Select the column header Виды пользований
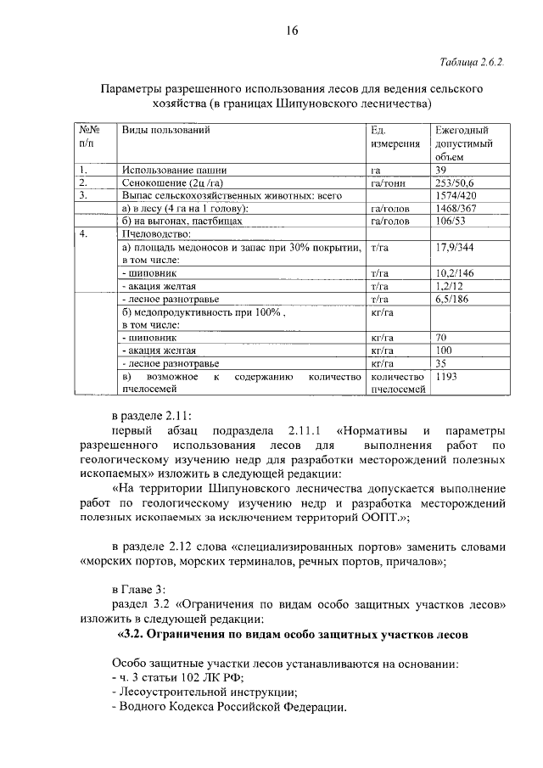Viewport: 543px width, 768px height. coord(165,131)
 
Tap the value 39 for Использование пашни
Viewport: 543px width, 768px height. coord(441,170)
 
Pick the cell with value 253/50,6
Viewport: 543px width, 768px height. coord(455,182)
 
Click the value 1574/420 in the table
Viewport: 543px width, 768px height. coord(455,195)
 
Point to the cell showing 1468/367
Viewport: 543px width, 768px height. coord(455,208)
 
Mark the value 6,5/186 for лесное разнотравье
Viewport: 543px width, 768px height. coord(452,299)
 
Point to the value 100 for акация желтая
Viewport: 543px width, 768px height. coord(443,350)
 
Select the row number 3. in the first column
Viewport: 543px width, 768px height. coord(83,195)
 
